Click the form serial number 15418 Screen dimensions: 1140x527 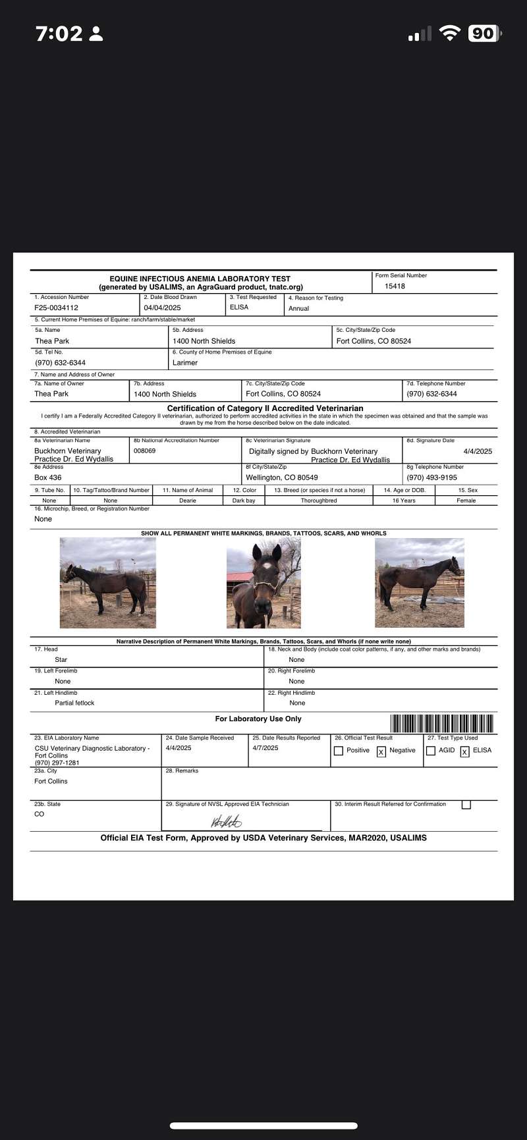395,286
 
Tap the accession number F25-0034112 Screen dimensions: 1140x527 56,308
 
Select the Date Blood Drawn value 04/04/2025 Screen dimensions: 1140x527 162,308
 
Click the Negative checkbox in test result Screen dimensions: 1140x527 381,751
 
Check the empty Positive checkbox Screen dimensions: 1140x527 339,751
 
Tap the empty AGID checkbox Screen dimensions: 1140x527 431,751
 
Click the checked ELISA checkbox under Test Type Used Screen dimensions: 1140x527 464,751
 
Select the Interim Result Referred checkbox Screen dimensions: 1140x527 466,805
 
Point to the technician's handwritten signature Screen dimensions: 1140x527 226,821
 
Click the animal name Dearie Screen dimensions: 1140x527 188,501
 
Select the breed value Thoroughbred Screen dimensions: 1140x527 319,501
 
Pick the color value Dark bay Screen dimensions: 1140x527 244,501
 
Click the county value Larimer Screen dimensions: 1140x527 185,363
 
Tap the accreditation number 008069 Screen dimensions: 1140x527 144,451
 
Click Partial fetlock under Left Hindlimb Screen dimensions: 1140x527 74,703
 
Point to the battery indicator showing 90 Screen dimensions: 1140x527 483,34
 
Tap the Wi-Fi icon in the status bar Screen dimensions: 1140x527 450,34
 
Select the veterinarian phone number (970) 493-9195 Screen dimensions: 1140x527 431,477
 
